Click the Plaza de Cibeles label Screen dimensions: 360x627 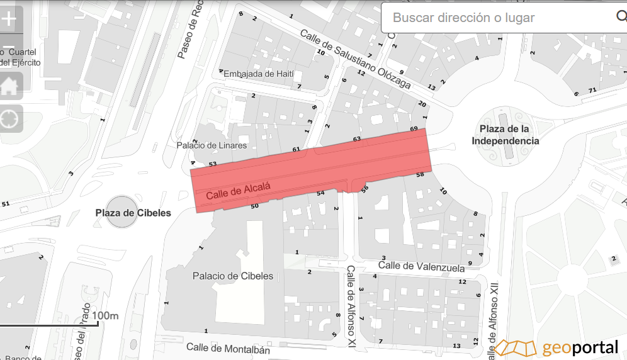(133, 213)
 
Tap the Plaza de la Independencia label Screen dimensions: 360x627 (506, 135)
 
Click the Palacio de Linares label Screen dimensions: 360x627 (211, 145)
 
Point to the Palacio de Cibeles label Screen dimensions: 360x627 (233, 276)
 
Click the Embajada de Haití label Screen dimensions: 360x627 (259, 74)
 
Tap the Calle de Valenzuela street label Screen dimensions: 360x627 (421, 267)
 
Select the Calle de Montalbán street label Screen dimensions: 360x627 (228, 348)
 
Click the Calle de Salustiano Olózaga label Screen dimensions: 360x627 (355, 59)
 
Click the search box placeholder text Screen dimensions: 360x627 (463, 18)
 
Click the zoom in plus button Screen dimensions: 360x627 (9, 19)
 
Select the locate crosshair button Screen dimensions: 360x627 (9, 118)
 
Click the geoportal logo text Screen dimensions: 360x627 (580, 347)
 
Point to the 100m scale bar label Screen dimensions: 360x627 (105, 315)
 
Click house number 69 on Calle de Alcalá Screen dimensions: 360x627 (414, 129)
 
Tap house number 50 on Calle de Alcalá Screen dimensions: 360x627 (255, 206)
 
